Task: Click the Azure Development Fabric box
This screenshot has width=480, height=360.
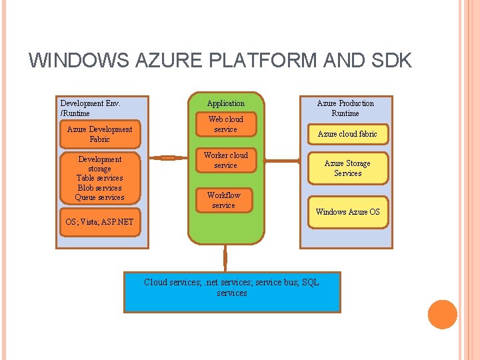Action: click(x=100, y=134)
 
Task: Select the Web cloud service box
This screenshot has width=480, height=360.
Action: click(x=226, y=124)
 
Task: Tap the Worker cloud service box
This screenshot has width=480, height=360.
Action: click(x=226, y=160)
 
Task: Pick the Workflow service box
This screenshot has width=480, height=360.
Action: click(x=224, y=200)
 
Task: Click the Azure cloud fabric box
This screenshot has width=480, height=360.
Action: click(x=348, y=134)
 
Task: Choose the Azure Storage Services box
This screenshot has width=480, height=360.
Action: click(x=348, y=168)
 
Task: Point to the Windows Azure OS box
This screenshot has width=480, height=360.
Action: click(x=348, y=212)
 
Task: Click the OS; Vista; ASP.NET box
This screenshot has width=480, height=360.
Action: click(x=100, y=222)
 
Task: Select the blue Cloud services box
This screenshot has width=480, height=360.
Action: click(x=232, y=292)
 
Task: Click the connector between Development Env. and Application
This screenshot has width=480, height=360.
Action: click(x=168, y=158)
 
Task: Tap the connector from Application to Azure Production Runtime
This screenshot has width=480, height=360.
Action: click(x=282, y=161)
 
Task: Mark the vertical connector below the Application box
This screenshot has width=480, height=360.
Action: click(x=225, y=258)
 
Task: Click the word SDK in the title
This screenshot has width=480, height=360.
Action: click(x=391, y=60)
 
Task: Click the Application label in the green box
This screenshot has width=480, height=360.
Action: click(x=226, y=103)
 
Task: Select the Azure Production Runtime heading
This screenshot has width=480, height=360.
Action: click(x=345, y=108)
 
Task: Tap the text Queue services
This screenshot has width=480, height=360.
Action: click(x=99, y=197)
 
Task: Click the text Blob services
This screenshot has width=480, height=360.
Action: click(x=99, y=187)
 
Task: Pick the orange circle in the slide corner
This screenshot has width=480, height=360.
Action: click(x=443, y=315)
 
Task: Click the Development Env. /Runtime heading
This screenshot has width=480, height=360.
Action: click(x=90, y=108)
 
